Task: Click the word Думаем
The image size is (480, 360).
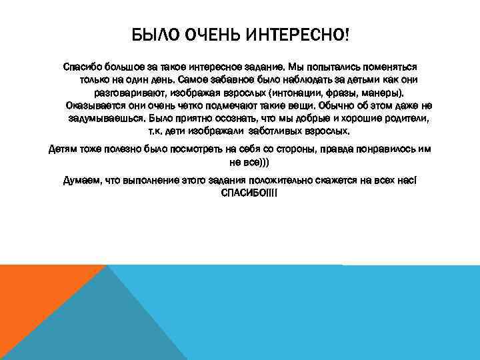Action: pos(80,181)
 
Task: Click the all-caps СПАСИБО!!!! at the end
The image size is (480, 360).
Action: pos(248,193)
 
